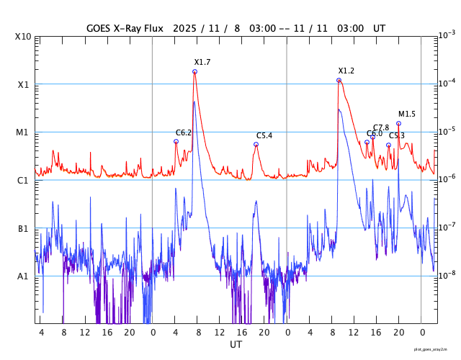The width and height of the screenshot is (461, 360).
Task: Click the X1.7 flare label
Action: click(x=202, y=63)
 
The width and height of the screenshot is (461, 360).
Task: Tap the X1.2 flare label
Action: click(x=346, y=71)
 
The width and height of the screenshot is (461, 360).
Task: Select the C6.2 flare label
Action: click(x=184, y=133)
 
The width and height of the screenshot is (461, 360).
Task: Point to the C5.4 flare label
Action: click(x=264, y=136)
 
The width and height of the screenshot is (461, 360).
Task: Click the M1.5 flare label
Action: click(x=407, y=114)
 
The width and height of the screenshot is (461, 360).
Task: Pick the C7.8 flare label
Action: click(x=381, y=127)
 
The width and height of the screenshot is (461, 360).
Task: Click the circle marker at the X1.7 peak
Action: click(x=194, y=71)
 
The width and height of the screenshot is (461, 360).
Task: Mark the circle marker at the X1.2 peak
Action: click(x=339, y=80)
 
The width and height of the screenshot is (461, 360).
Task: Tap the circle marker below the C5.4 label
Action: click(x=256, y=144)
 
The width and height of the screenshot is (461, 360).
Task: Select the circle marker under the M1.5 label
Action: click(x=398, y=123)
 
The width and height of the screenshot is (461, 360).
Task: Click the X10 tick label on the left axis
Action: click(x=23, y=37)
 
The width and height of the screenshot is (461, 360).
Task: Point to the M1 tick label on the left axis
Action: click(x=23, y=132)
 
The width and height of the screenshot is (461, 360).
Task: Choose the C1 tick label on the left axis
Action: click(x=23, y=181)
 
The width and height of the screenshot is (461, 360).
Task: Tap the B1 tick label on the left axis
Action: click(x=23, y=229)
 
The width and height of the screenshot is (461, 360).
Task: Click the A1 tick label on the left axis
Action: click(x=23, y=276)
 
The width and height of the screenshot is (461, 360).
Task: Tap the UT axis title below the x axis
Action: click(x=236, y=345)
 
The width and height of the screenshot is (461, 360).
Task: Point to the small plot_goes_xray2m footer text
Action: click(x=435, y=348)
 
